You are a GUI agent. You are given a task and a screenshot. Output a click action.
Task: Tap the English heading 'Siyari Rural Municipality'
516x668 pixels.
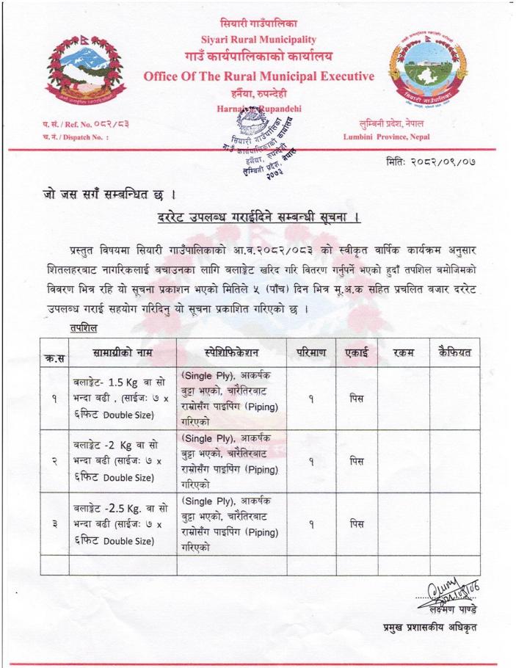click(258, 39)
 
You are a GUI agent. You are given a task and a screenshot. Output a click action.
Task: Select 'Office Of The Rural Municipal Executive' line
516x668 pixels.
click(259, 76)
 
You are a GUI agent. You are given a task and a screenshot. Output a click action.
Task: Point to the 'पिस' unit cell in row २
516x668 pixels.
click(357, 461)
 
